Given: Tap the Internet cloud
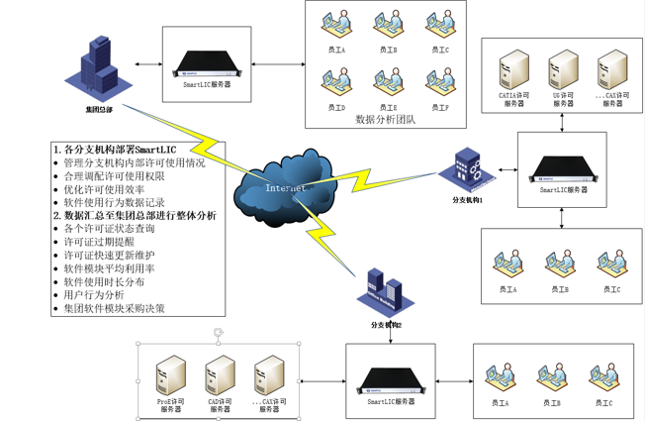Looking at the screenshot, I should (281, 185).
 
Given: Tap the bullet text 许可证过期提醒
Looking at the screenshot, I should (99, 242).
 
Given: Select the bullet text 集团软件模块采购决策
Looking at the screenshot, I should (114, 308).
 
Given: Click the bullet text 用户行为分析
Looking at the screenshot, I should (94, 295).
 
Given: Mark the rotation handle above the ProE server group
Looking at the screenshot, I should (219, 332).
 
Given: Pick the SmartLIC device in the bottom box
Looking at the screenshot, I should (392, 379).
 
